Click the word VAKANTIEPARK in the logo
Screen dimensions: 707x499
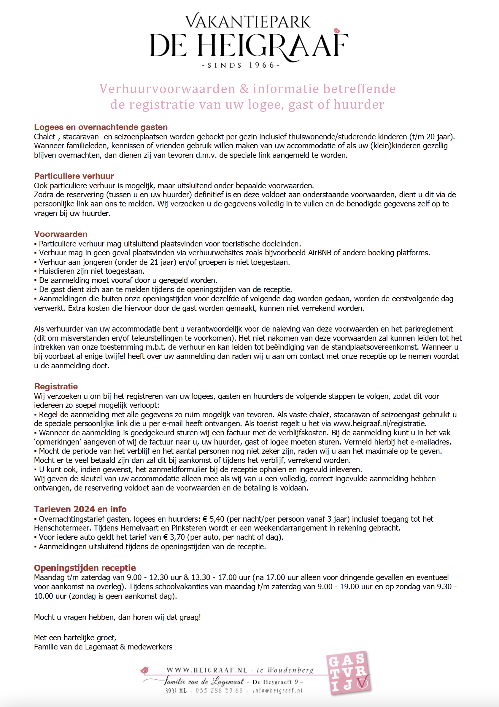248,21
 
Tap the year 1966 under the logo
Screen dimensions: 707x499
262,65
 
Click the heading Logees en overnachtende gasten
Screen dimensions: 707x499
101,127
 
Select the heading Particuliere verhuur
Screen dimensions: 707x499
74,176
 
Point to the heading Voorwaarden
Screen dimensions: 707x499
61,234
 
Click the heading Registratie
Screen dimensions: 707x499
56,386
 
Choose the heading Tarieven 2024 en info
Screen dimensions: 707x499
80,509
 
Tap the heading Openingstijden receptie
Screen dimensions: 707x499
85,568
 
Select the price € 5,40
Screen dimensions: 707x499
213,519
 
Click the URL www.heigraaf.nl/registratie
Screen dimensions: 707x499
379,423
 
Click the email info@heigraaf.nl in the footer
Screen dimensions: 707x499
277,690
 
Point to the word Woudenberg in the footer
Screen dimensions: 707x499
290,670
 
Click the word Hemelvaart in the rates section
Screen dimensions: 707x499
140,528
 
